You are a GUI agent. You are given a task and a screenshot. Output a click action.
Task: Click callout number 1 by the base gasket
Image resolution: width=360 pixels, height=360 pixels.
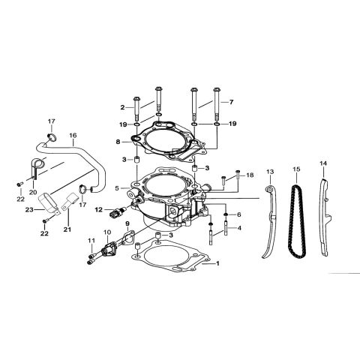217,264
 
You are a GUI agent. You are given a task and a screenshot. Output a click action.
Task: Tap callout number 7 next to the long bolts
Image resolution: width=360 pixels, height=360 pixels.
232,101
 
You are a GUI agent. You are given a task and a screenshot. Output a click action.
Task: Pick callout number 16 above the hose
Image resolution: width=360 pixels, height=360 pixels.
73,137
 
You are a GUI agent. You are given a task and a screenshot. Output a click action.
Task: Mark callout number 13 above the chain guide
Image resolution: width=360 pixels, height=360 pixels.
270,171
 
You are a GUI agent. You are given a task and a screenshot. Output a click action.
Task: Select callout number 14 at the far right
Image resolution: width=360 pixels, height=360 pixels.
322,163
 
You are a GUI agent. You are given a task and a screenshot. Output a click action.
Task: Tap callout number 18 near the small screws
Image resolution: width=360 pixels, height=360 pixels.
250,174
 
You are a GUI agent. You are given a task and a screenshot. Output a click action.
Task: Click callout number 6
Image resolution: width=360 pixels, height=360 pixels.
238,214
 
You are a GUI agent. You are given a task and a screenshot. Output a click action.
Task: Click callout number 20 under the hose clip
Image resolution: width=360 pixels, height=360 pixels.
32,192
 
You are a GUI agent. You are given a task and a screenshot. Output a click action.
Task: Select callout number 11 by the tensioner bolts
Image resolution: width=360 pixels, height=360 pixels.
91,241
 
